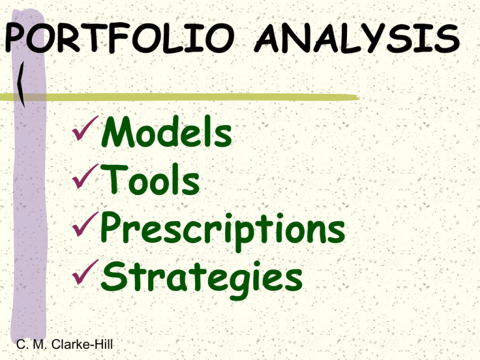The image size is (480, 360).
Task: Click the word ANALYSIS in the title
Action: tap(357, 38)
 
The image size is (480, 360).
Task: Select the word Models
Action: tap(166, 132)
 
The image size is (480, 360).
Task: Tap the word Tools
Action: tap(150, 179)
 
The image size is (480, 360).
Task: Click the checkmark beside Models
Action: tap(85, 128)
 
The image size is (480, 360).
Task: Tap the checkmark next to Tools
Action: tap(85, 176)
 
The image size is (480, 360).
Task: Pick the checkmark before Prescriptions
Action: tap(85, 224)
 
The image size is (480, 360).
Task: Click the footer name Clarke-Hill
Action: tap(82, 344)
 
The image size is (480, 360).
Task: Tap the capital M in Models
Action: tap(117, 131)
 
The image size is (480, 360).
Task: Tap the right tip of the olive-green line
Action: tap(359, 97)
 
